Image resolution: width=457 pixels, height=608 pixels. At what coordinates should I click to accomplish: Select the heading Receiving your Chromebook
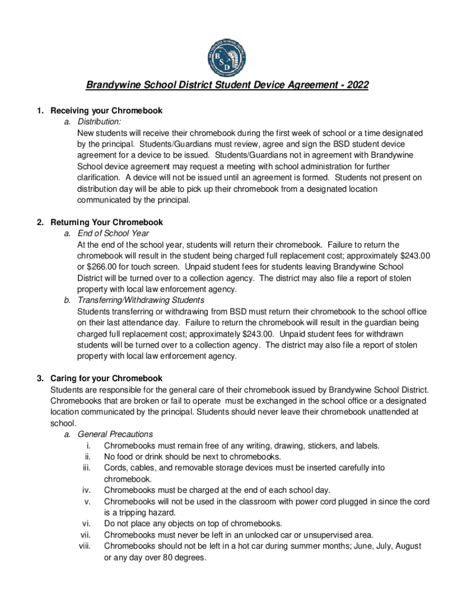106,110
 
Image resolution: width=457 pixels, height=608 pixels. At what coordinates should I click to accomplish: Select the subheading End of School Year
113,233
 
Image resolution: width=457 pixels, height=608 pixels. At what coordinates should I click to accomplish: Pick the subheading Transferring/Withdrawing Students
141,300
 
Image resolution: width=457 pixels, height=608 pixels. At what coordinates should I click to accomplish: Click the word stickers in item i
319,445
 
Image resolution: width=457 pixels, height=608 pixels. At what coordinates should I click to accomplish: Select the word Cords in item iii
115,468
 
